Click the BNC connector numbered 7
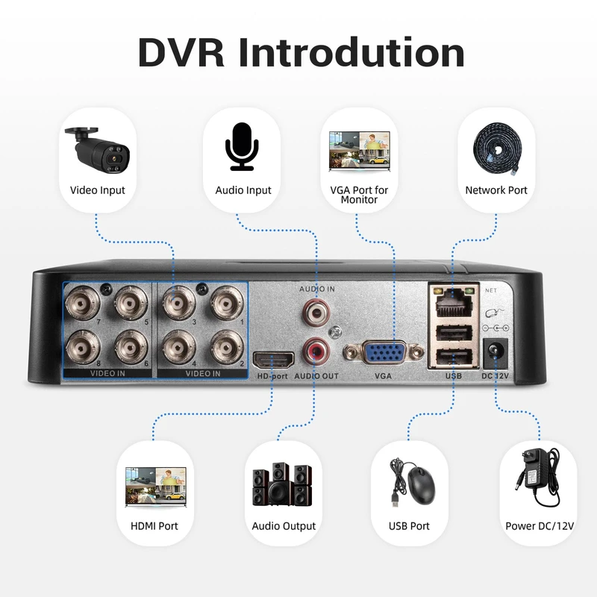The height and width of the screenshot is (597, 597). coord(80,304)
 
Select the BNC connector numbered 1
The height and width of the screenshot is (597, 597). coord(225,304)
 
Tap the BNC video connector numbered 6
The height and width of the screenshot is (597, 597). coord(129,346)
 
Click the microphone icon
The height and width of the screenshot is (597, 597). coord(243,146)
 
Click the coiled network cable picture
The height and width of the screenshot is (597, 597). coord(496,146)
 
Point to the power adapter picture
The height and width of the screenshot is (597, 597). coord(539,478)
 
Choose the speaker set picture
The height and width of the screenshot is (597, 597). coord(284,484)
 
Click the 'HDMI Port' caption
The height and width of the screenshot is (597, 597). coord(154,526)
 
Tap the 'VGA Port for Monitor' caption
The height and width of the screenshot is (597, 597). coord(359,195)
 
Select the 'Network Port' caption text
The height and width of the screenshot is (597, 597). coord(496,190)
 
